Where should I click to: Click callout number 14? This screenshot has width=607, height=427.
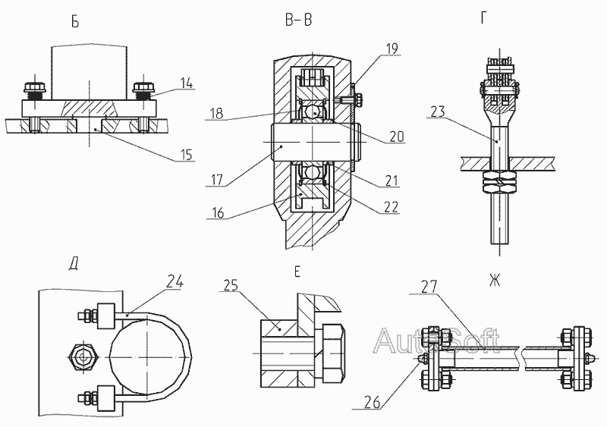(187, 83)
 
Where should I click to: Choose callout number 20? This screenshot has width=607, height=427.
(395, 137)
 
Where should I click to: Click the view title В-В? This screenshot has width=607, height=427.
(298, 20)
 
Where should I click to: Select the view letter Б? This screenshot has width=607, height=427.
(75, 21)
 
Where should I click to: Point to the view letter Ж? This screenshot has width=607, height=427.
(494, 281)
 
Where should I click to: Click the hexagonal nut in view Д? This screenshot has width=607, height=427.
(80, 355)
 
